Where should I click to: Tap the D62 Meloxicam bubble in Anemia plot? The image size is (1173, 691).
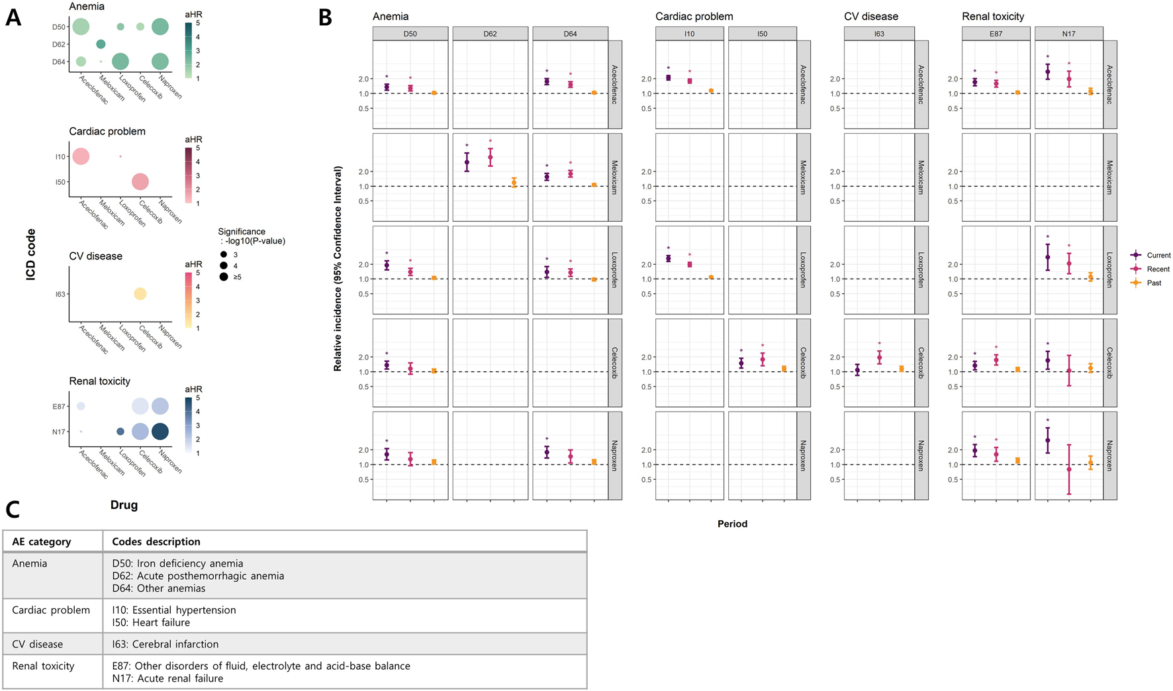click(x=101, y=44)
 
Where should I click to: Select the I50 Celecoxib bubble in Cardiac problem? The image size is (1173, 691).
click(x=140, y=181)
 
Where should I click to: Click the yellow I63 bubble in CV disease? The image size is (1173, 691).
click(x=140, y=294)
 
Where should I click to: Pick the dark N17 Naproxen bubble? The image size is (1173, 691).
click(x=160, y=432)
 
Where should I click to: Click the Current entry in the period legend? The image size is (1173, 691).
click(x=1158, y=255)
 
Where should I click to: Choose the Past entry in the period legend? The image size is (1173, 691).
click(x=1154, y=283)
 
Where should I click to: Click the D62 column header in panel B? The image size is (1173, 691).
click(x=490, y=34)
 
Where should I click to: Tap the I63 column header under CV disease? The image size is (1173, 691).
click(x=879, y=34)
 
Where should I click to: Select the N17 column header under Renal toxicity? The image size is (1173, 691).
click(x=1068, y=34)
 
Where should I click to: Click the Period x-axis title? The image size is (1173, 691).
click(x=732, y=524)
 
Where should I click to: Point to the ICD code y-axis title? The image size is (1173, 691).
click(x=31, y=255)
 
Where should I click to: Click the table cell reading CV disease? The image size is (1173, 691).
click(x=38, y=644)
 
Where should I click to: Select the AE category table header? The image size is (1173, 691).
click(x=42, y=541)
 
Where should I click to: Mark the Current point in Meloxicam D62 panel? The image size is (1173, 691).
click(x=467, y=162)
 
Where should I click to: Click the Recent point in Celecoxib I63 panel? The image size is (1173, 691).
click(x=879, y=358)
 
